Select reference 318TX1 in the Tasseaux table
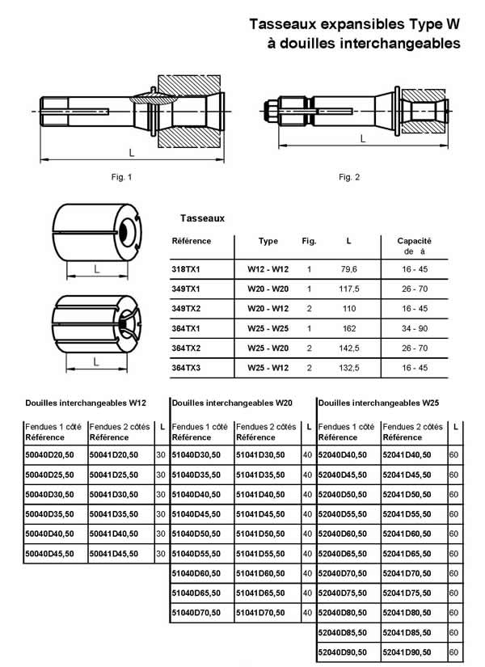pyautogui.click(x=188, y=268)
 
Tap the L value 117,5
pyautogui.click(x=348, y=289)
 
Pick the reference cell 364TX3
pyautogui.click(x=188, y=369)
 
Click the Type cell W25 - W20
pyautogui.click(x=268, y=348)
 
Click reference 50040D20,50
pyautogui.click(x=50, y=455)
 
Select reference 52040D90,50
pyautogui.click(x=344, y=652)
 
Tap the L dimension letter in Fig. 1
pyautogui.click(x=131, y=152)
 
